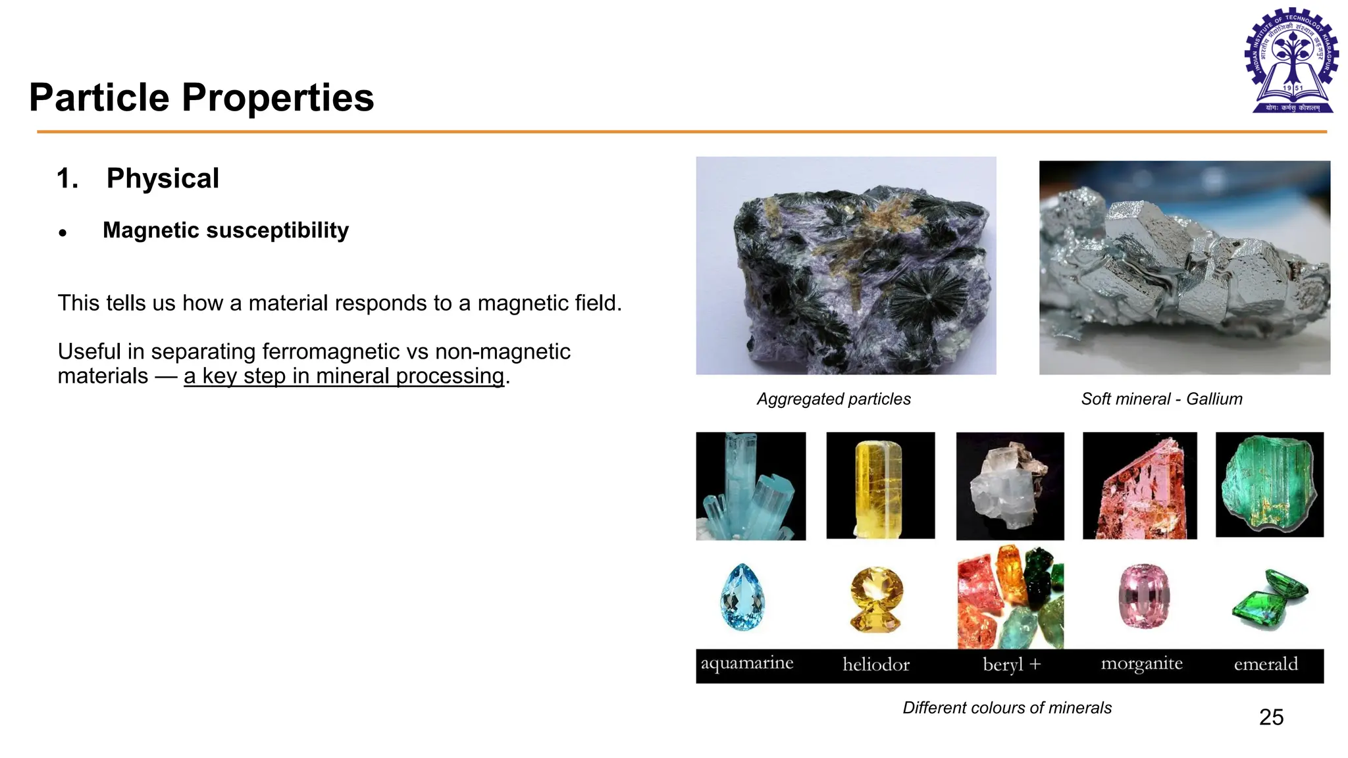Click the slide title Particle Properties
tap(201, 98)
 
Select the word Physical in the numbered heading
tap(163, 178)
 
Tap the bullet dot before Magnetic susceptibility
tap(63, 232)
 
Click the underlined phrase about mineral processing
tap(344, 376)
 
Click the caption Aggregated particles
tap(833, 399)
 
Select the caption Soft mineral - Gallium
tap(1162, 399)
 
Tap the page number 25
tap(1271, 717)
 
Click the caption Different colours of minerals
tap(1006, 707)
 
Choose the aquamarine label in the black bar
tap(746, 663)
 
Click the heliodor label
tap(876, 665)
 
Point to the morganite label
tap(1141, 664)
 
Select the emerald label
tap(1265, 664)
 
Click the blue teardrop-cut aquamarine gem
tap(742, 597)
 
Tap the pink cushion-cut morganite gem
tap(1144, 595)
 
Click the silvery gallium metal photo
tap(1184, 267)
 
